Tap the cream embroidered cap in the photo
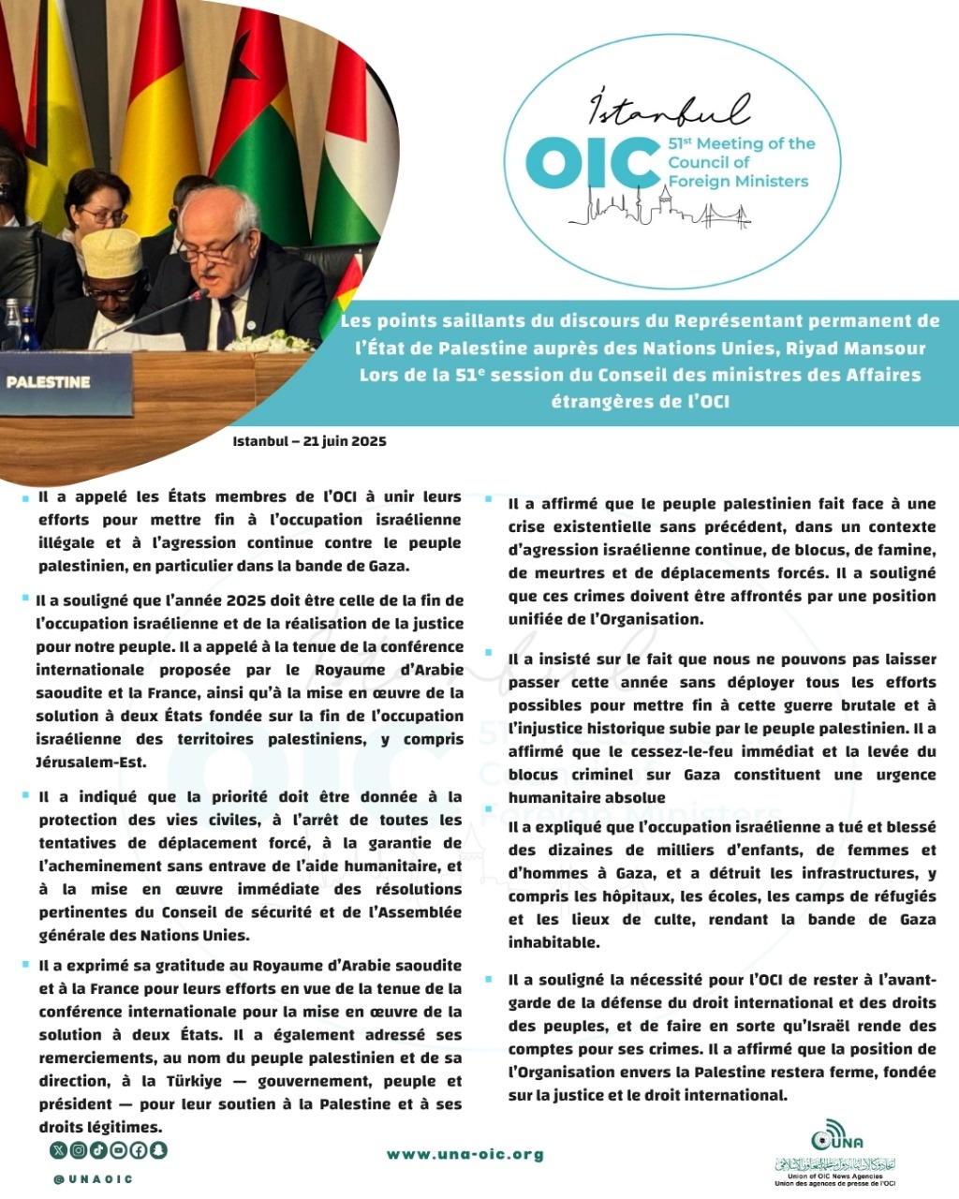pos(111,251)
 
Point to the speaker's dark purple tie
pos(226,323)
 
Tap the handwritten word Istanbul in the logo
pos(669,110)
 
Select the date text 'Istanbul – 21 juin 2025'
pos(310,441)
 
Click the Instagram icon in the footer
pos(80,1149)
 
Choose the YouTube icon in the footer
pos(119,1149)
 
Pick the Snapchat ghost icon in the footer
pos(157,1149)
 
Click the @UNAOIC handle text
pos(94,1179)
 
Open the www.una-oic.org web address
pos(465,1154)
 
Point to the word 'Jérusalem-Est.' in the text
pos(92,762)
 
